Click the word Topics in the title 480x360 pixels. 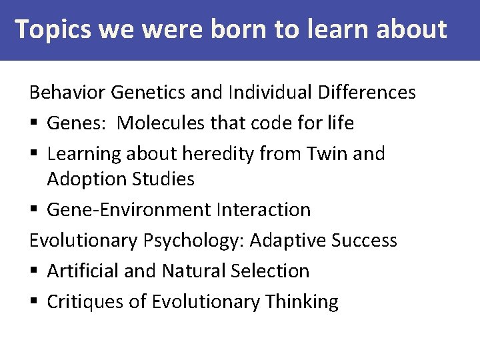pos(53,30)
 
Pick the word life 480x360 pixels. pos(340,123)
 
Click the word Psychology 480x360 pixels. pos(193,240)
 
